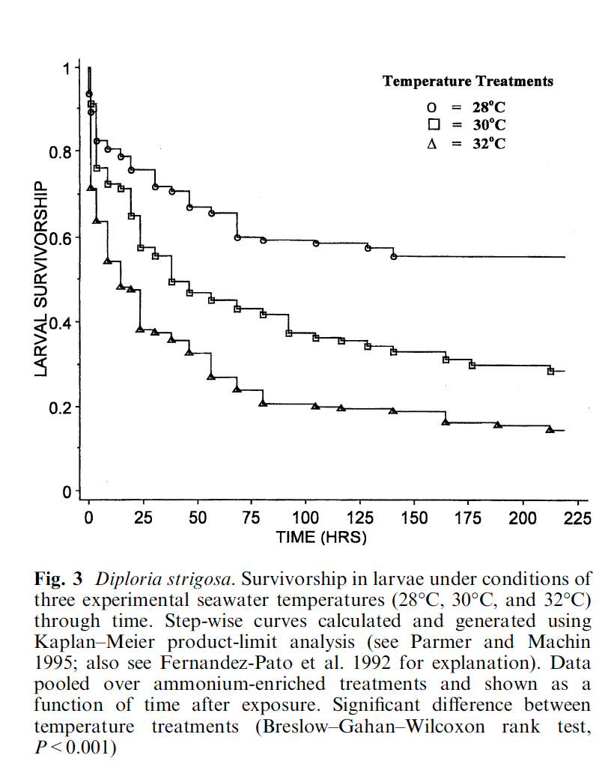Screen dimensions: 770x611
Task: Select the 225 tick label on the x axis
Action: tap(577, 518)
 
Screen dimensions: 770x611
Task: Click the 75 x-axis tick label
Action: tap(252, 518)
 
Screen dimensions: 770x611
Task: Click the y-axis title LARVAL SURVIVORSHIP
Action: tap(43, 279)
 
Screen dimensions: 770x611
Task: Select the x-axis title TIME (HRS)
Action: tap(321, 537)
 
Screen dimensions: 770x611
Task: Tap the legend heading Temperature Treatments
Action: tap(468, 81)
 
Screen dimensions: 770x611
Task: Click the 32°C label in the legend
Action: tap(488, 142)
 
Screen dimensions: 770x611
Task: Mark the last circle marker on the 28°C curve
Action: tap(394, 257)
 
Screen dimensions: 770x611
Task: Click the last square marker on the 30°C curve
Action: tap(550, 371)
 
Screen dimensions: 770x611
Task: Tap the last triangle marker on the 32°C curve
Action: tap(550, 429)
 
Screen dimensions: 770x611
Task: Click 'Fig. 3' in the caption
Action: tap(58, 579)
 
